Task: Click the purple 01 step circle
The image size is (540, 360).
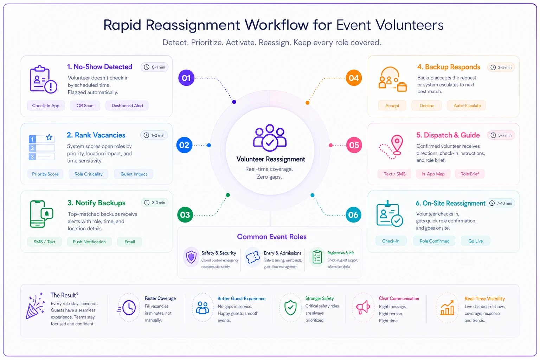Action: [186, 78]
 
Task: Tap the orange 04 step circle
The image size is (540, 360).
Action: [354, 78]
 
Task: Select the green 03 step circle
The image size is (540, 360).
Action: [185, 214]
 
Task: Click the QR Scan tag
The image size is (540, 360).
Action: [85, 105]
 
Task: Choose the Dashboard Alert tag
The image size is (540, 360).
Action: [127, 105]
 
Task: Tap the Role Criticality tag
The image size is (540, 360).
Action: [89, 174]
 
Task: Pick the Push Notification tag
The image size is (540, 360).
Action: [89, 242]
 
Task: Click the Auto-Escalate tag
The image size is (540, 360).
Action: [467, 105]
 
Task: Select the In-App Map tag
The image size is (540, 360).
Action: [433, 174]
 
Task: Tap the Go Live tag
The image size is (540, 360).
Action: [475, 241]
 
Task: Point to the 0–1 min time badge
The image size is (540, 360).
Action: [155, 67]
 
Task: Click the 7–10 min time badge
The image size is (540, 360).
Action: [501, 203]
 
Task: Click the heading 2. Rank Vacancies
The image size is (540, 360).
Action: [96, 135]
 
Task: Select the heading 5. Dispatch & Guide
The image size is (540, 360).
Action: [448, 135]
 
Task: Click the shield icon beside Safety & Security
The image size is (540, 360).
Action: [191, 257]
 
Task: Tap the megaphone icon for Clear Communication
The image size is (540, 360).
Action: [363, 307]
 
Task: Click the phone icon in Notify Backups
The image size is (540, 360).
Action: [38, 214]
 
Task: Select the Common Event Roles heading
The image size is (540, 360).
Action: [272, 237]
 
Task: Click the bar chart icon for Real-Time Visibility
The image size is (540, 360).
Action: [447, 308]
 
